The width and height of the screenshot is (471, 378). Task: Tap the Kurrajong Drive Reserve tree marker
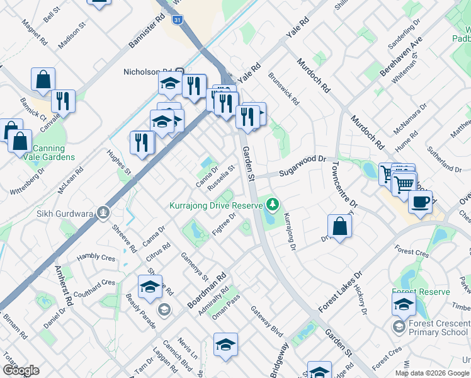click(x=273, y=204)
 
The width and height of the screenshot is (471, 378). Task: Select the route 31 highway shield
click(x=178, y=20)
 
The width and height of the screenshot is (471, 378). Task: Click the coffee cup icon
click(x=420, y=202)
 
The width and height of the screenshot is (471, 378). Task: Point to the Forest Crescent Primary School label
click(x=438, y=328)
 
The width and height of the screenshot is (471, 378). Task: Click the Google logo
click(x=20, y=370)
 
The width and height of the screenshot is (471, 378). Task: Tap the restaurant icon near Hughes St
click(x=142, y=142)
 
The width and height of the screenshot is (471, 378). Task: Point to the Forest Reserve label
click(x=421, y=292)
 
